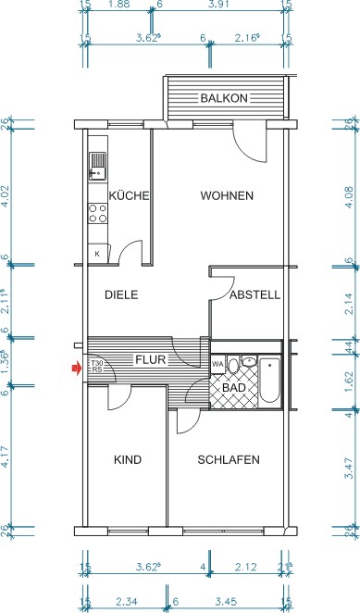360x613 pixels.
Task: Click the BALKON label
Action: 223,98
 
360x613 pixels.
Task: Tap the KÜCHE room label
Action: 130,195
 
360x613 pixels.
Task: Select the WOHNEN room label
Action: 227,195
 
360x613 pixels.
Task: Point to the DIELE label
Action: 121,295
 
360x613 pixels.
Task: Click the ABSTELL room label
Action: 254,295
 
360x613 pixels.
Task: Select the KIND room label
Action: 127,460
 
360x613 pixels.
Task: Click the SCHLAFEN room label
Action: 228,460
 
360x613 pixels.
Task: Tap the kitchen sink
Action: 97,167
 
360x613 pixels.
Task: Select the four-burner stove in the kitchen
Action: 97,216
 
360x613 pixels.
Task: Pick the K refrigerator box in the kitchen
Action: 96,252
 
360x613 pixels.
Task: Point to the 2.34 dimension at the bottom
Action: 122,603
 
